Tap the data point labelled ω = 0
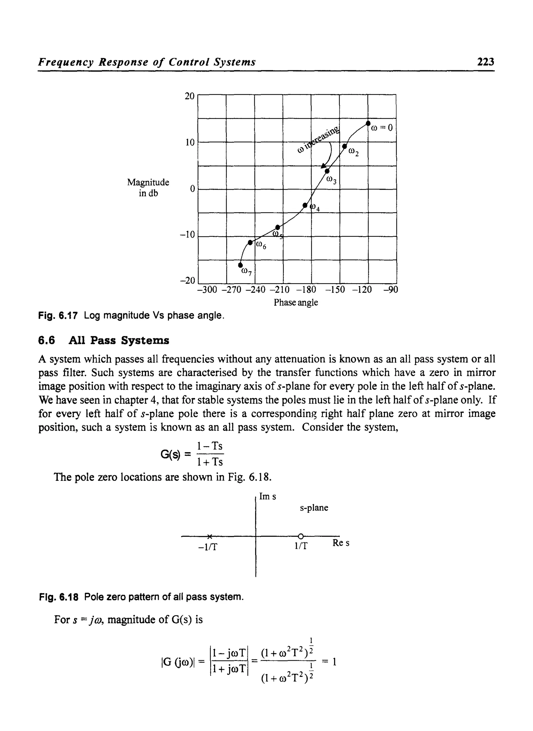[x=368, y=124]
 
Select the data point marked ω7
[x=240, y=265]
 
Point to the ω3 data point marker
[x=327, y=171]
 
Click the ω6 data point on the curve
[x=250, y=242]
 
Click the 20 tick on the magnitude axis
[x=190, y=96]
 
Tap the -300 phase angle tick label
[x=207, y=289]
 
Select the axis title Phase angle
[x=296, y=302]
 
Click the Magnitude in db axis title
[x=148, y=187]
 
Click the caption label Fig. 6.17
[x=58, y=315]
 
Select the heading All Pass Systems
[x=119, y=340]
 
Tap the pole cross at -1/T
[x=210, y=537]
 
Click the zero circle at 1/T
[x=300, y=537]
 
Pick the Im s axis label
[x=268, y=497]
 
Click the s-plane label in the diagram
[x=314, y=508]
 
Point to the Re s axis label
[x=341, y=543]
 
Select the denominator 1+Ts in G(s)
[x=210, y=462]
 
